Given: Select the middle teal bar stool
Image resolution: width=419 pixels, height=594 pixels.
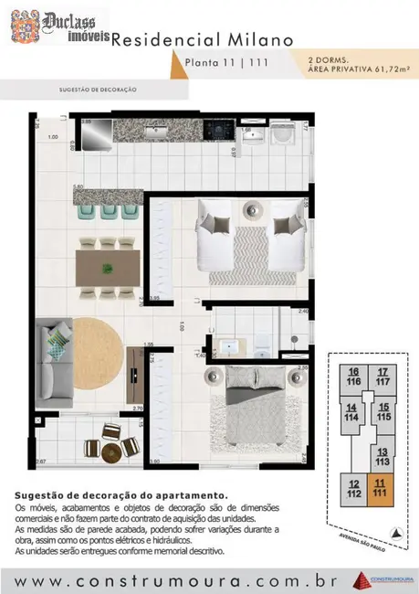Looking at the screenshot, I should pos(108,210).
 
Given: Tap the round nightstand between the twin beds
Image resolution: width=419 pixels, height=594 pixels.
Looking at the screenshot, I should pos(249,210).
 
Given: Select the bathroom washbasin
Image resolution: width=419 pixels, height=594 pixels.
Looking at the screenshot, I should pos(229,347).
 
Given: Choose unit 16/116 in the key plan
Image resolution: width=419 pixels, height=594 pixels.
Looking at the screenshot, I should pos(352,376).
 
